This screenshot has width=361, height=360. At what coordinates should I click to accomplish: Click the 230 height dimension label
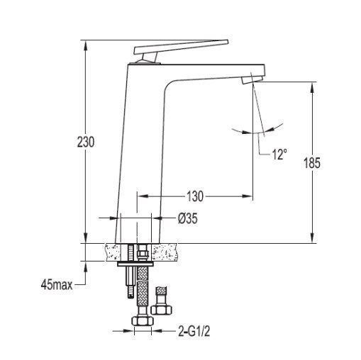(x=86, y=142)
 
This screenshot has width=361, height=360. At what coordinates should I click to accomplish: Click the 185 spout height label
(x=312, y=163)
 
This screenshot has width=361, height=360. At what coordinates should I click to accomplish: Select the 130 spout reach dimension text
(x=195, y=196)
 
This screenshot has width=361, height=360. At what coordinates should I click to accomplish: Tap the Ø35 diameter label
(x=188, y=218)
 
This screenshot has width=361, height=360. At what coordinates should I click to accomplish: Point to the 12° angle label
(x=279, y=154)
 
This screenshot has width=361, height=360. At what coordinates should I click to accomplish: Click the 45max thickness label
(x=57, y=285)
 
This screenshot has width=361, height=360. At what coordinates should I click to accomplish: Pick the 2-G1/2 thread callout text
(x=194, y=331)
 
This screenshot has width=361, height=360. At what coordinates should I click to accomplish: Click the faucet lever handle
(x=181, y=47)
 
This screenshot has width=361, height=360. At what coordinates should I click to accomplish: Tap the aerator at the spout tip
(x=252, y=79)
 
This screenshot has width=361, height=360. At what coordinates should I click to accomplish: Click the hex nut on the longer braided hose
(x=143, y=321)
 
